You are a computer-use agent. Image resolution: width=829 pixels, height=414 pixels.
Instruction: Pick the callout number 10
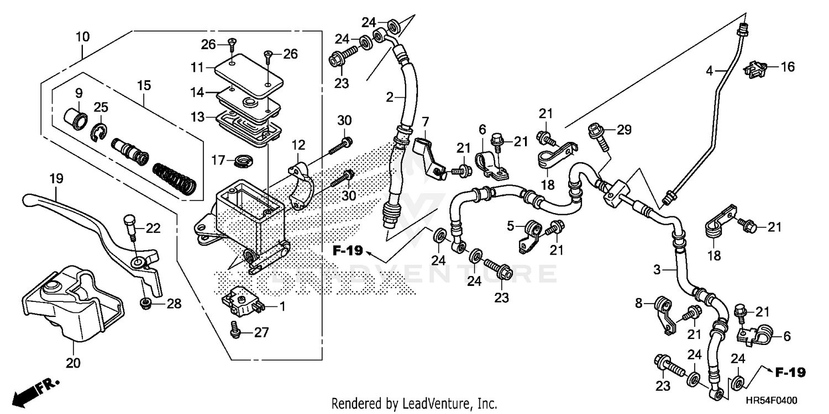[x=82, y=38]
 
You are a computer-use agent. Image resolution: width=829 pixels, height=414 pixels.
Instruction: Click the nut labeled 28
[x=146, y=302]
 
